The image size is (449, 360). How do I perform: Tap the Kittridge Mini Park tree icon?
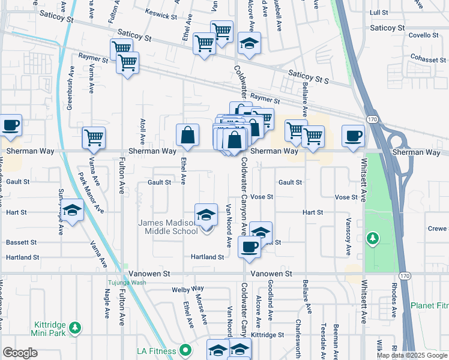tap(75, 328)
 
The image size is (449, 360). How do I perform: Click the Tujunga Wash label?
tap(127, 283)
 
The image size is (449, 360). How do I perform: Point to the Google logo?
tap(20, 353)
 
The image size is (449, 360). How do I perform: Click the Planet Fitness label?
tap(429, 305)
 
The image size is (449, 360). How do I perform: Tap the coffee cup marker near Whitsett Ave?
tap(353, 136)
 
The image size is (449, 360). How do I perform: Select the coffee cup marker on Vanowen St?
tap(249, 247)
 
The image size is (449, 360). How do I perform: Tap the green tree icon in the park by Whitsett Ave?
tap(373, 239)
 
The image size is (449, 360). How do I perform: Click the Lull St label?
tap(379, 12)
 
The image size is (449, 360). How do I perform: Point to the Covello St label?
tap(424, 35)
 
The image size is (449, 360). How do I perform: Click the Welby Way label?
tap(184, 289)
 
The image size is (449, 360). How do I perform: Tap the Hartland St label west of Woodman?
tap(22, 257)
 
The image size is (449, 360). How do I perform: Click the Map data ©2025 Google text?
tap(412, 355)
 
